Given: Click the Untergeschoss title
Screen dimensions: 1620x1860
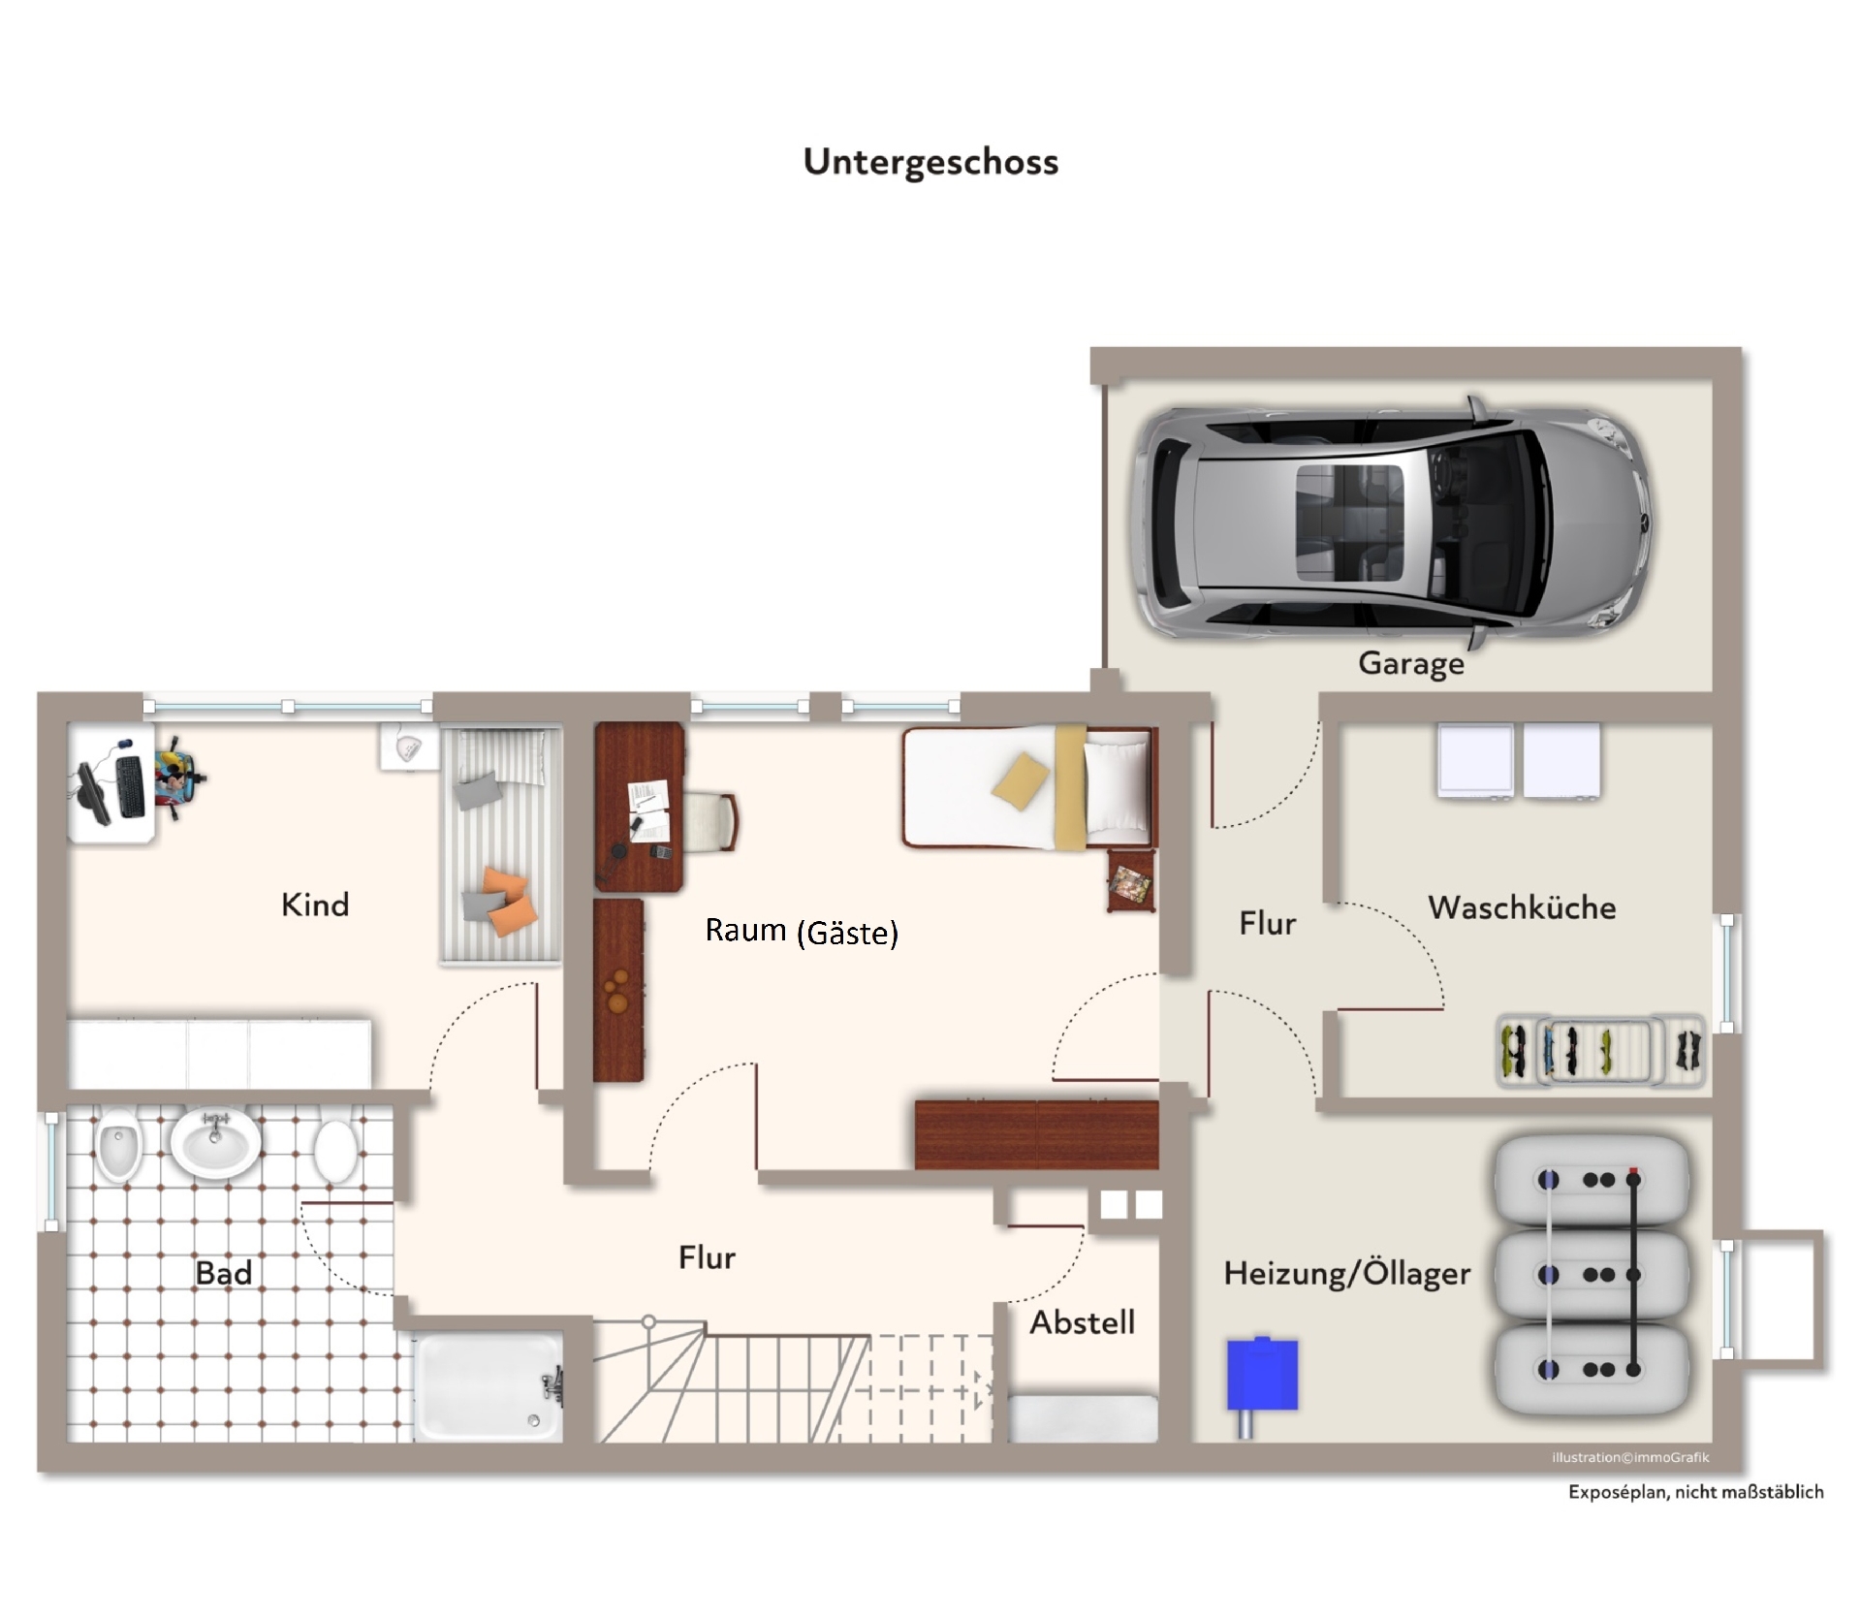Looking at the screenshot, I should coord(930,162).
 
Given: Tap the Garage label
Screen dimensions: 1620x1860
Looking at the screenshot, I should coord(1410,664).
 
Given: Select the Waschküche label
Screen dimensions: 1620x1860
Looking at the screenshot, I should coord(1522,907).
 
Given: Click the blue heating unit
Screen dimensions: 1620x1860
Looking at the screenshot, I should coord(1262,1375).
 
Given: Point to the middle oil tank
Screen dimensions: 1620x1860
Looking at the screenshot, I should coord(1592,1274).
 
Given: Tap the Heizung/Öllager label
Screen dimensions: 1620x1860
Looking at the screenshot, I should coord(1346,1273).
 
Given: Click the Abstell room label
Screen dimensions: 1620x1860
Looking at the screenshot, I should coord(1082,1322).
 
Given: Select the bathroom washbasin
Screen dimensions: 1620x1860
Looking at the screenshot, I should coord(215,1141).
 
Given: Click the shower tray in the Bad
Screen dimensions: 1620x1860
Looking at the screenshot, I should coord(489,1386).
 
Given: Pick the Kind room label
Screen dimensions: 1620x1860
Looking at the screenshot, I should coord(314,905).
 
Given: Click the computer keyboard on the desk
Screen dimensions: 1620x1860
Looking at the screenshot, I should coord(131,784).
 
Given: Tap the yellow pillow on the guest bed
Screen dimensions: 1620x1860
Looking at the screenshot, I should coord(1020,778).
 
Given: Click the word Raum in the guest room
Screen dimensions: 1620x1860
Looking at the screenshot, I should coord(745,930).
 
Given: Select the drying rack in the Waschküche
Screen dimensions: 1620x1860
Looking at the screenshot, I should coord(1601,1051).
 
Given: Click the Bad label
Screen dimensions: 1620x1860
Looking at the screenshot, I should coord(223,1273).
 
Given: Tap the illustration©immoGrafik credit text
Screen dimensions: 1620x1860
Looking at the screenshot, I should coord(1630,1457).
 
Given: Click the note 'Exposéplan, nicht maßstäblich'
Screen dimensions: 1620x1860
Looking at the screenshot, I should coord(1695,1492).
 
